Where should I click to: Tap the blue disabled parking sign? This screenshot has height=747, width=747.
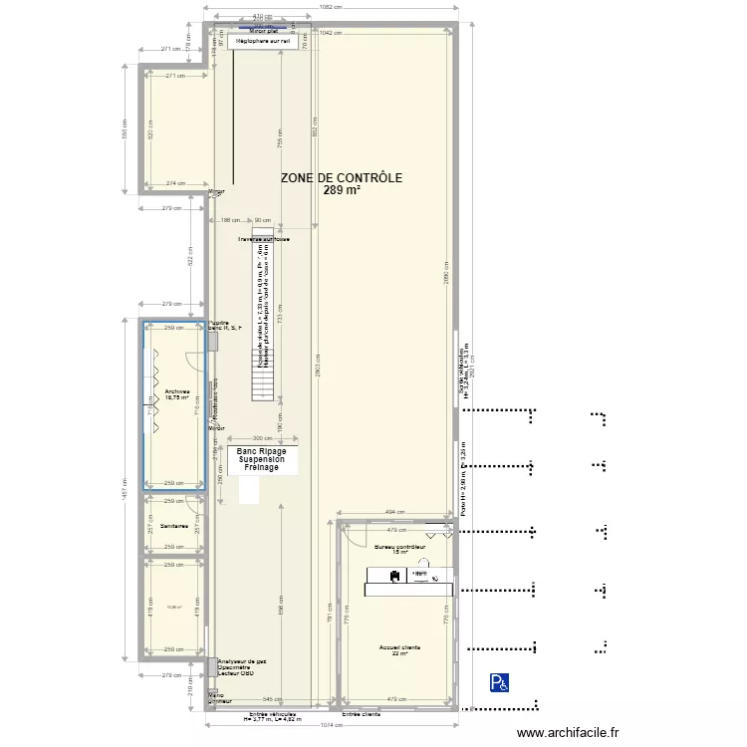tap(497, 682)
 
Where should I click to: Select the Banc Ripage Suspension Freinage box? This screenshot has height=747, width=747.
tap(261, 459)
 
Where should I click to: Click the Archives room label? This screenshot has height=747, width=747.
tap(177, 391)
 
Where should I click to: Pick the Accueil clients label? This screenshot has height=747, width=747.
tap(399, 647)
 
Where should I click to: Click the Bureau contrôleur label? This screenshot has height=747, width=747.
tap(400, 547)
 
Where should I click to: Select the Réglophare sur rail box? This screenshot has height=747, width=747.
tap(263, 42)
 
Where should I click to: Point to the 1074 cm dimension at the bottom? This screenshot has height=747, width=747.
tap(332, 725)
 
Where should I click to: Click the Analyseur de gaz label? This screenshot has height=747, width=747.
tap(242, 660)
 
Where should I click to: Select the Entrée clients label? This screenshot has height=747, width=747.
tap(362, 714)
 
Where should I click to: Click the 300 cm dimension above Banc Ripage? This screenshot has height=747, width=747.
tap(261, 438)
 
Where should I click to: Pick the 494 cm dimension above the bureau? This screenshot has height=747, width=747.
tap(395, 512)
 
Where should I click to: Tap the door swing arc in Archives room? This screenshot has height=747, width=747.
tap(194, 365)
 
